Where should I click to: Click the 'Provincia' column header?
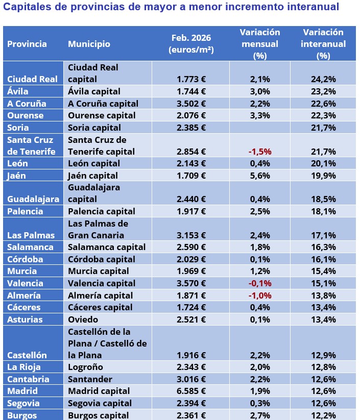tap(27, 44)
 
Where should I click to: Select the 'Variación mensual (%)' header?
tap(260, 44)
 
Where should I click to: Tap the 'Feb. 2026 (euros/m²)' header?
tap(191, 44)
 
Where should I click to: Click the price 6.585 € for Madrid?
tap(191, 391)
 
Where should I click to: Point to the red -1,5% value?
tap(260, 152)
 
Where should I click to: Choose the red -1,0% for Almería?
tap(260, 295)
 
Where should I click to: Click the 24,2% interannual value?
tap(323, 79)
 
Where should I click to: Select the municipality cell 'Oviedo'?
tap(83, 319)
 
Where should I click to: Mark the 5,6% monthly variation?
tap(260, 176)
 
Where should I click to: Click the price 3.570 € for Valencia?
tap(191, 283)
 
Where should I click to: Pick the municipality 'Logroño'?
tap(85, 367)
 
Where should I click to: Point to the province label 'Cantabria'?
tap(28, 379)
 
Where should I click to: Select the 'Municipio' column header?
tap(89, 44)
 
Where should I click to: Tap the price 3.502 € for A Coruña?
tap(191, 104)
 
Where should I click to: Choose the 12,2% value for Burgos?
tap(323, 415)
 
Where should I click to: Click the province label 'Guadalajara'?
tap(33, 200)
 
